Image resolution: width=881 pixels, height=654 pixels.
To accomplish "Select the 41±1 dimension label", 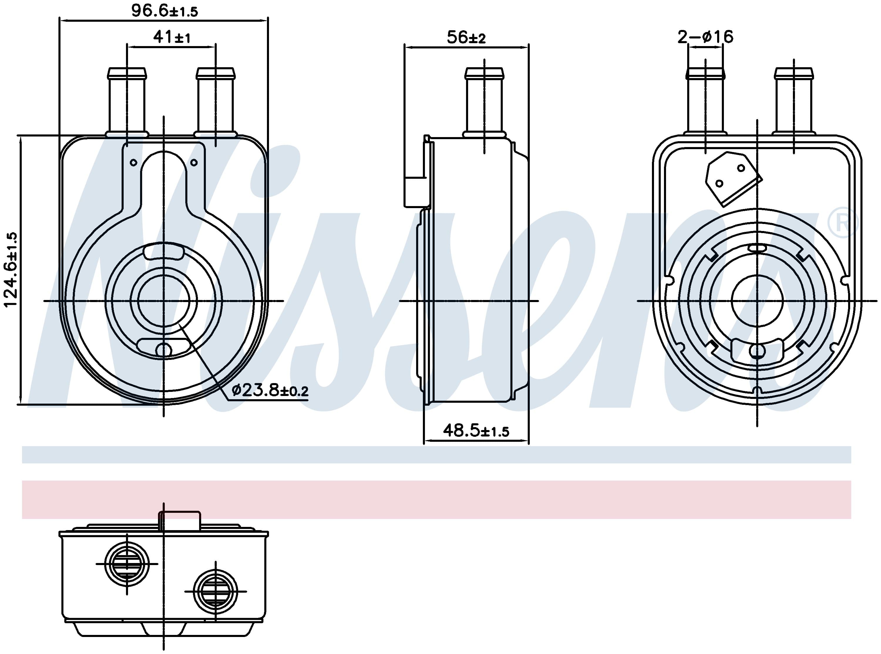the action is (x=172, y=37).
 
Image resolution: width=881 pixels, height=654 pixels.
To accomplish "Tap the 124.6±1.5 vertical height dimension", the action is (x=11, y=269).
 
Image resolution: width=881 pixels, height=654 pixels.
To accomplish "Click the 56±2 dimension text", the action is (x=466, y=38).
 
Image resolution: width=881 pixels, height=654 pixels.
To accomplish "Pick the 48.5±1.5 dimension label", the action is (x=476, y=430).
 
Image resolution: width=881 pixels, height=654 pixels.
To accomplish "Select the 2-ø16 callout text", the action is (x=705, y=37).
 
